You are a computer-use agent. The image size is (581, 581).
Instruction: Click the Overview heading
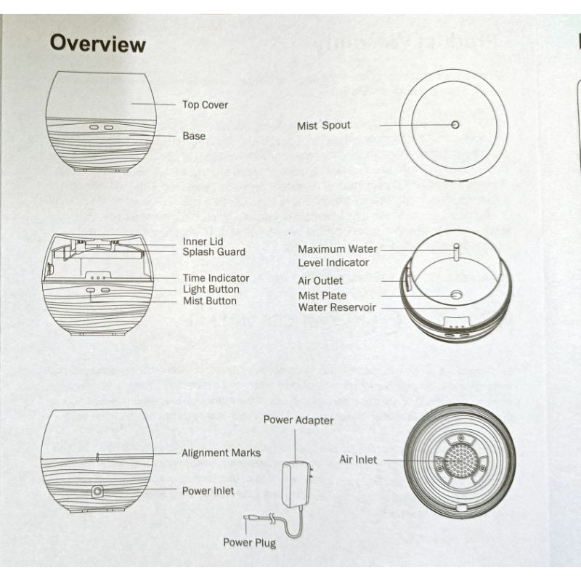tap(97, 44)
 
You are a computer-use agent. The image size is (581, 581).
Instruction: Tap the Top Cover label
tap(205, 105)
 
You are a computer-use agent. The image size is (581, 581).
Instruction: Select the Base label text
tap(194, 136)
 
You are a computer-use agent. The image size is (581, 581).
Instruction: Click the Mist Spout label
tap(323, 126)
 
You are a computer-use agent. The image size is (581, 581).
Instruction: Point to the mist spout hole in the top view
tap(455, 124)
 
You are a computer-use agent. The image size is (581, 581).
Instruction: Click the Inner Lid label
tap(203, 241)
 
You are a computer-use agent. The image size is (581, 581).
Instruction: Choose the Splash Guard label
tap(214, 252)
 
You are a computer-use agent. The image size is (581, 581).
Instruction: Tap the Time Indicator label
tap(216, 277)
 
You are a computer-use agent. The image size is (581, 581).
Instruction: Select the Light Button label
tap(211, 289)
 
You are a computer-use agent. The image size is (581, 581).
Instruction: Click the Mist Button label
tap(210, 301)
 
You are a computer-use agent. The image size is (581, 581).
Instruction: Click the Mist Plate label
tap(322, 296)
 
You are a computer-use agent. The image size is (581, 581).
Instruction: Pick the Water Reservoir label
tap(336, 307)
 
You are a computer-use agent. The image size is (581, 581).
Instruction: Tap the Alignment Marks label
tap(221, 453)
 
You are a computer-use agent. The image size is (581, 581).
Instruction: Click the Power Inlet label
tap(208, 491)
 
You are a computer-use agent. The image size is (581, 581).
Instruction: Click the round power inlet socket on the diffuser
tap(97, 492)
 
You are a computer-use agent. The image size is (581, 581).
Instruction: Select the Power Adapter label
tap(298, 420)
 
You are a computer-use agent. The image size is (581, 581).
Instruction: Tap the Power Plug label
tap(249, 543)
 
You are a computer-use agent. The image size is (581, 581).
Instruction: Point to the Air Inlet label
tap(358, 460)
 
